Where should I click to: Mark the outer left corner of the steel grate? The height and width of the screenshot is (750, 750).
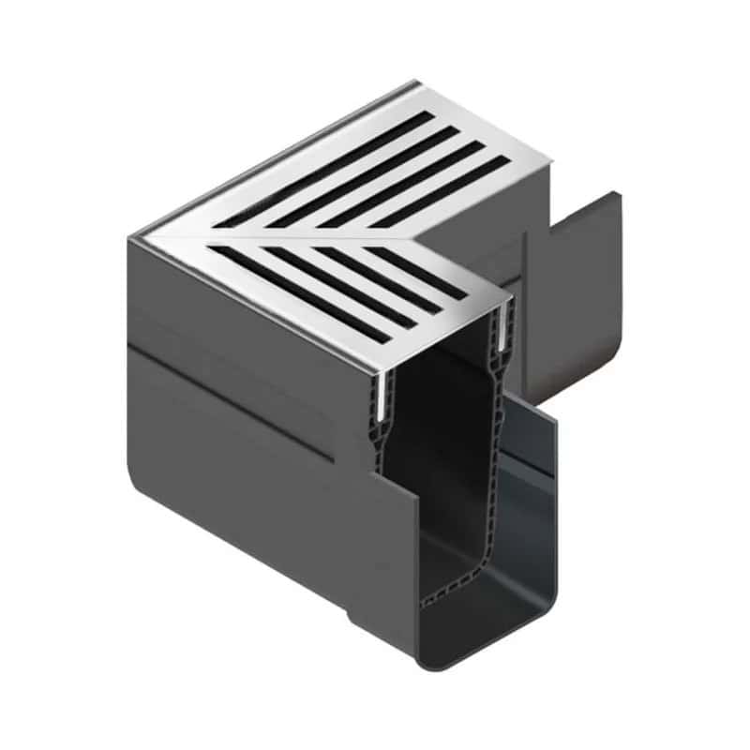click(131, 238)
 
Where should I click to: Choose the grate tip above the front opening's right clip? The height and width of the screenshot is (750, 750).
click(510, 301)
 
